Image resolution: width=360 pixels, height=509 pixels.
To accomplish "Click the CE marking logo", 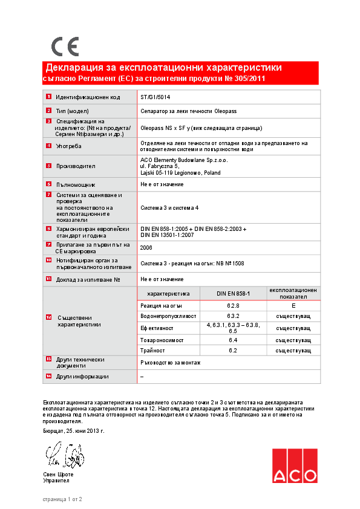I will (65, 47).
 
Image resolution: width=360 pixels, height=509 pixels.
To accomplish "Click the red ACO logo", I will (294, 465).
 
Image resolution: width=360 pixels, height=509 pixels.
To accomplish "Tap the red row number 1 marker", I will (48, 97).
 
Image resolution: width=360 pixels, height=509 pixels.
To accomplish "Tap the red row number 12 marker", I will (48, 317).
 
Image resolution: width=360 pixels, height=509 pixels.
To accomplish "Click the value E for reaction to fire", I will (293, 306).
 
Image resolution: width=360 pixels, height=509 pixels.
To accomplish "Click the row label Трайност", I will (152, 351).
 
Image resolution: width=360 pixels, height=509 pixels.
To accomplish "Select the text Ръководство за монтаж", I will (170, 363).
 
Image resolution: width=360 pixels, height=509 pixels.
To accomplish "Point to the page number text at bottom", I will (62, 499).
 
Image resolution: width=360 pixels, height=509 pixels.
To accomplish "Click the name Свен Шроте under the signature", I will (58, 475).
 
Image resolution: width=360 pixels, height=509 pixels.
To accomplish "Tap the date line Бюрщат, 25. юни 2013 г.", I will (74, 431).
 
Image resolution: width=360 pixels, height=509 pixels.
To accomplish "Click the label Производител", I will (76, 166).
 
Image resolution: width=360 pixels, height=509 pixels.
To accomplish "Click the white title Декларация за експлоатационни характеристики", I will (164, 67).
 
